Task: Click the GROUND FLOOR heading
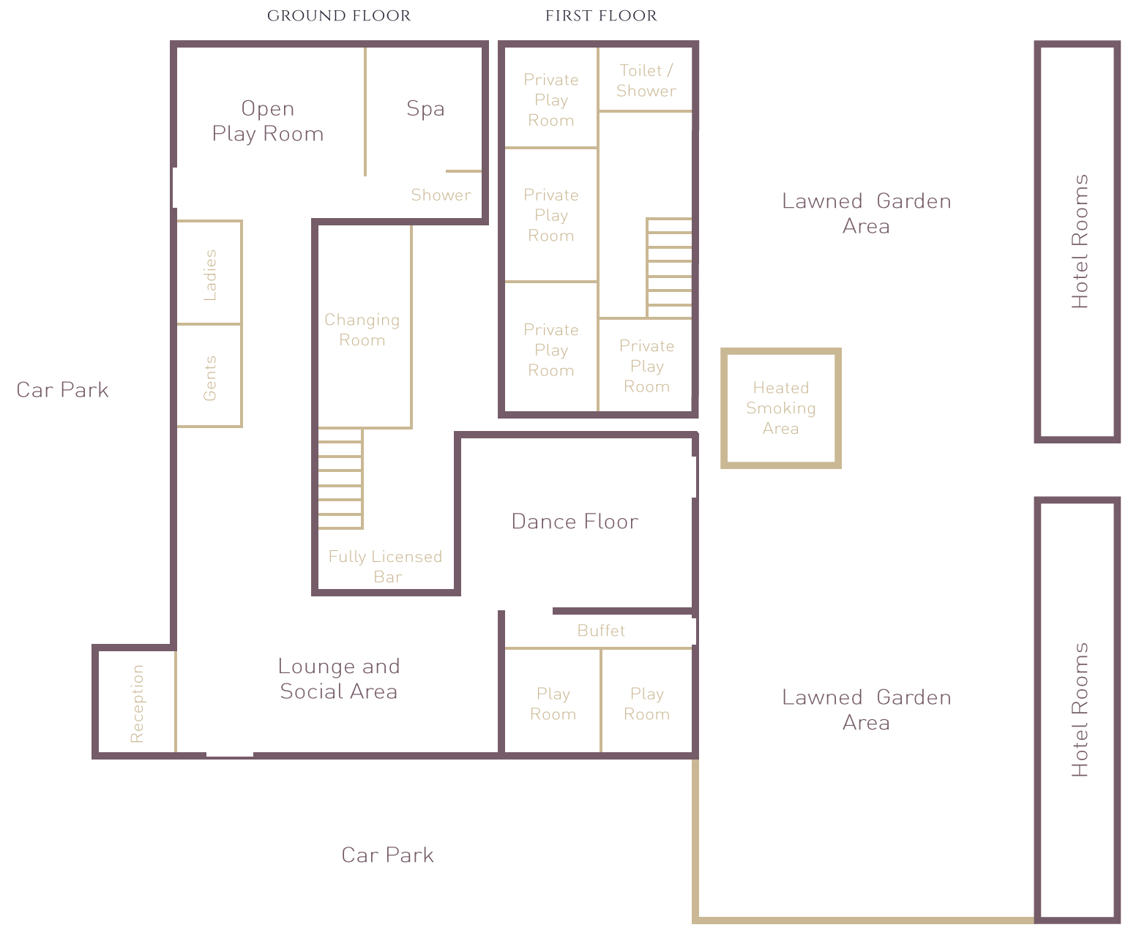tap(339, 16)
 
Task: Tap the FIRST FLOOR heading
tap(601, 16)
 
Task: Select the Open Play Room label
tap(268, 121)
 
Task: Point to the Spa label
tap(425, 109)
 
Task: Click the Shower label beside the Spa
tap(441, 195)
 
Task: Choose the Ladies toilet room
tap(209, 272)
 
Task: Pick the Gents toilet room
tap(209, 375)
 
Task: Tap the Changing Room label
tap(362, 330)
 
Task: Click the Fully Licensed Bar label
tap(386, 566)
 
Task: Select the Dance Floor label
tap(575, 522)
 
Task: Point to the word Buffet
tap(601, 631)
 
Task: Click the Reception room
tap(136, 702)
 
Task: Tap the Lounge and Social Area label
tap(339, 679)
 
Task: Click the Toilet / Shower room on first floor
tap(646, 80)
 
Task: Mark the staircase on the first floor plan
tap(670, 269)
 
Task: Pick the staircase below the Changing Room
tap(340, 479)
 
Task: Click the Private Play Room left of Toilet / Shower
tap(551, 97)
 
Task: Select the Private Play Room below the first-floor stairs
tap(646, 365)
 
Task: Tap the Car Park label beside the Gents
tap(63, 390)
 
